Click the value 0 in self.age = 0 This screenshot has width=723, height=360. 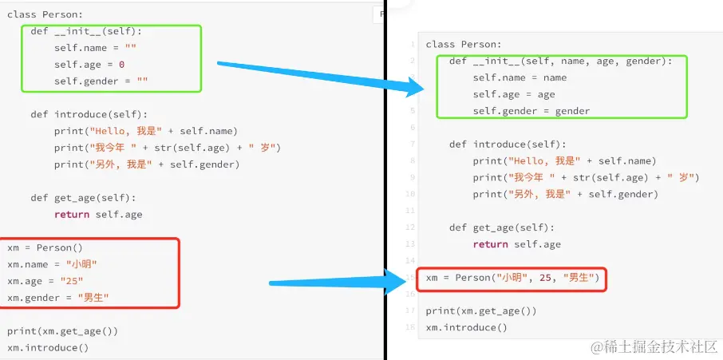pos(121,65)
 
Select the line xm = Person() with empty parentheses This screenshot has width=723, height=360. pos(45,247)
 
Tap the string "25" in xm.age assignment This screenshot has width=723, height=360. pos(69,281)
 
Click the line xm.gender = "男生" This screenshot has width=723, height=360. pos(58,298)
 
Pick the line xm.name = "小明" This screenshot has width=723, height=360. pos(53,264)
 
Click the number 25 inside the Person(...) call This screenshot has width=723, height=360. pos(546,278)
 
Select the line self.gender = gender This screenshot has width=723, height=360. pos(531,111)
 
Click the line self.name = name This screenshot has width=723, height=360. pos(520,77)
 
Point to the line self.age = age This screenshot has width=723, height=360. pos(513,94)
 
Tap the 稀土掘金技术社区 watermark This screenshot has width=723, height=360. pos(654,347)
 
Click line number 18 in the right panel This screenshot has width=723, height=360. pos(410,327)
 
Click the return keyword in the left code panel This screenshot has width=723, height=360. pos(72,214)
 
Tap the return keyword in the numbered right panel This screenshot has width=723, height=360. pos(490,244)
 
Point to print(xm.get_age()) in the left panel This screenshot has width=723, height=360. pos(62,331)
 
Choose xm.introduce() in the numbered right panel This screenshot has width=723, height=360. pos(466,327)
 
